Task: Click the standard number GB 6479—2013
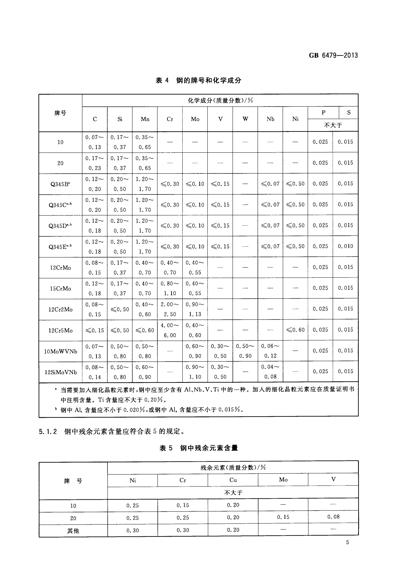(333, 55)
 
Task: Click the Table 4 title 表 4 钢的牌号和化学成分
(198, 80)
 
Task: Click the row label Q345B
(60, 184)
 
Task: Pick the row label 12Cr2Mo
(61, 309)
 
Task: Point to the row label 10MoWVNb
(61, 351)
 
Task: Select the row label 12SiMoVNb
(61, 372)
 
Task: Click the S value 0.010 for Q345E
(345, 246)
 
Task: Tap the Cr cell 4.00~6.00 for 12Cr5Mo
(170, 330)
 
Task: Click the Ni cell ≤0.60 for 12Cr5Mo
(295, 330)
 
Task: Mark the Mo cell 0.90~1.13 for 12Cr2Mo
(195, 309)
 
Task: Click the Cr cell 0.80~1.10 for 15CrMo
(170, 288)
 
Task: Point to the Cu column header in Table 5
(233, 480)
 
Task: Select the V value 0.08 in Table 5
(333, 517)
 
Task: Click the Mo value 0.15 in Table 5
(283, 517)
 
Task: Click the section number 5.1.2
(48, 432)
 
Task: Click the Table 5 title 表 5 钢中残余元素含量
(199, 448)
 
